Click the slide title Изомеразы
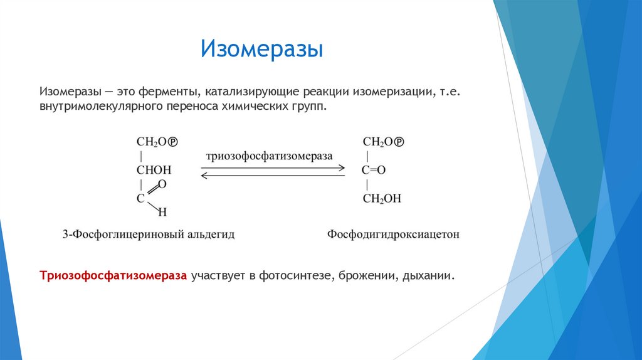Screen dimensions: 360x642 [261, 49]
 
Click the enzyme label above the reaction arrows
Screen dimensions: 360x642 [269, 156]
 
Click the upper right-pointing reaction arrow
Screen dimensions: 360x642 [273, 167]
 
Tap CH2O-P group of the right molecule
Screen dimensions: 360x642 [383, 142]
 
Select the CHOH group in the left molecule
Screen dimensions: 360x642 [154, 170]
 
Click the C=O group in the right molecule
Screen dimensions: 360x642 [374, 170]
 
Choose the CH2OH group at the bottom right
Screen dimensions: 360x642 [382, 199]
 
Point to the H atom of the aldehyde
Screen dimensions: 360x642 [162, 212]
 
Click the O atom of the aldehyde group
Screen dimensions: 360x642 [162, 184]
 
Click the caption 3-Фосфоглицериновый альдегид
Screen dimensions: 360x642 [149, 235]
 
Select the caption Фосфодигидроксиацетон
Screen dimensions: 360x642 [393, 235]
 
